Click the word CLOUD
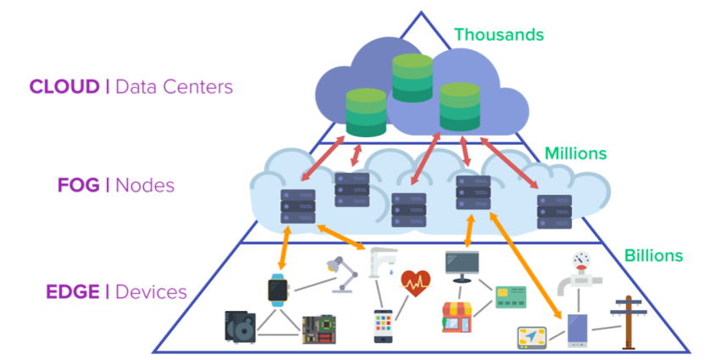tap(64, 86)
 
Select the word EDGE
tap(72, 292)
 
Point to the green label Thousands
tap(498, 35)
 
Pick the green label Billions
tap(653, 255)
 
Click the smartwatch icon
tap(278, 290)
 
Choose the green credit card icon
tap(510, 297)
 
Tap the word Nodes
tap(146, 184)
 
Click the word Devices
tap(152, 292)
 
